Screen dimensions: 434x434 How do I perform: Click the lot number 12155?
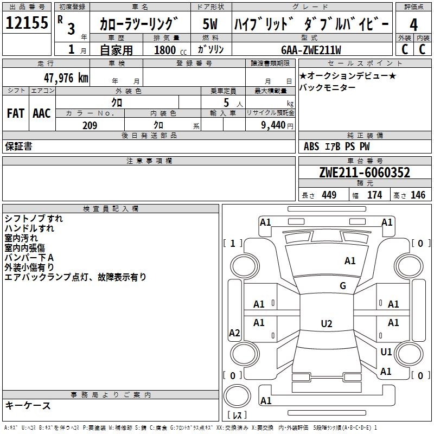27,23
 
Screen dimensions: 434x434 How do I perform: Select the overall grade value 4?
413,25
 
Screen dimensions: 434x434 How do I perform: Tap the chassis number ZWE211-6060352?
365,173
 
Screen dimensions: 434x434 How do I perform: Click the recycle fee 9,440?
270,125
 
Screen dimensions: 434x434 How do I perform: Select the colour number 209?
90,125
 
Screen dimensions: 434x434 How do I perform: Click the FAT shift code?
15,113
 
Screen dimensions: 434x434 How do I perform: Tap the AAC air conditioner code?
42,113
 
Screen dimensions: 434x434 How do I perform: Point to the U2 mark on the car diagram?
326,324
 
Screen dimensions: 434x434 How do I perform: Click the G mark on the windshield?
343,286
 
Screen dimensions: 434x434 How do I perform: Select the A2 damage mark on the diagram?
234,333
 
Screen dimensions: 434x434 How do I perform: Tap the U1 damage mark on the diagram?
386,352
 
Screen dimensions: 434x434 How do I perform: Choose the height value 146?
418,195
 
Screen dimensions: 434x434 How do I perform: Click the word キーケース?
28,406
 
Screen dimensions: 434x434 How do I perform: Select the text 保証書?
18,146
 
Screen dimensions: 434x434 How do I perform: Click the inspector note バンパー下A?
29,258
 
